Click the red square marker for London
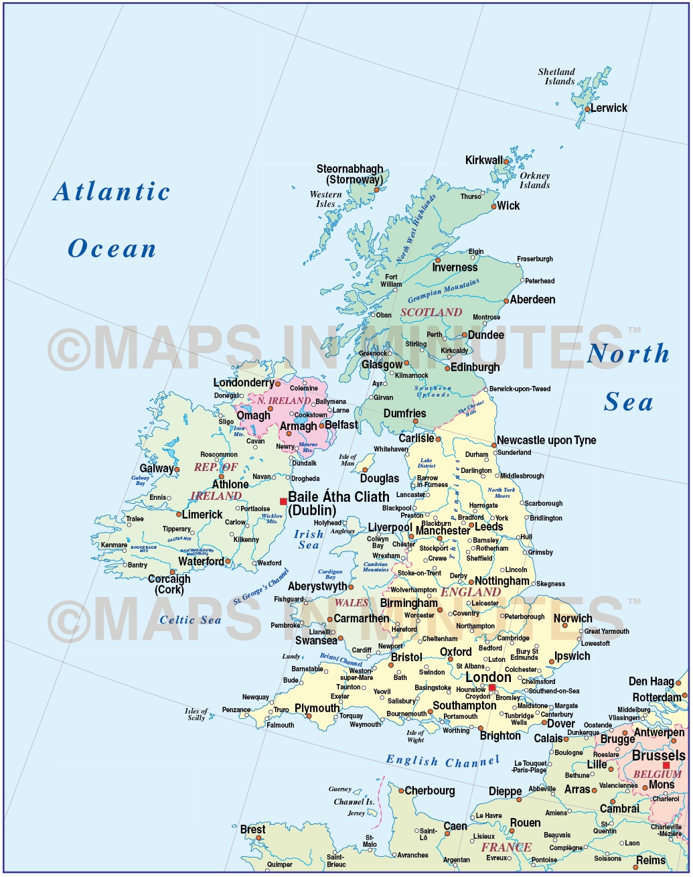click(x=492, y=687)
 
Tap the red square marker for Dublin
click(x=283, y=501)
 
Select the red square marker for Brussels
click(x=666, y=765)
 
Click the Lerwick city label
click(x=609, y=108)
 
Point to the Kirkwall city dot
click(x=506, y=161)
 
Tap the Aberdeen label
click(x=532, y=299)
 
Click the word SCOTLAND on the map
click(x=431, y=312)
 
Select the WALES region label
click(x=352, y=603)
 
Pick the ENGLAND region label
click(x=471, y=592)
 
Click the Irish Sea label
click(x=309, y=539)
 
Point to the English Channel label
click(x=443, y=761)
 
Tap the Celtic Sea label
click(x=190, y=620)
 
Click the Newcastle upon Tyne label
click(x=546, y=440)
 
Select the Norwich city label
click(x=572, y=618)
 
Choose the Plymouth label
click(x=317, y=708)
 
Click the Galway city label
click(x=157, y=468)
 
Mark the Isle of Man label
click(x=348, y=460)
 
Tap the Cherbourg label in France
click(x=430, y=791)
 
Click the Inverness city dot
click(x=439, y=260)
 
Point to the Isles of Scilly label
click(x=196, y=714)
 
